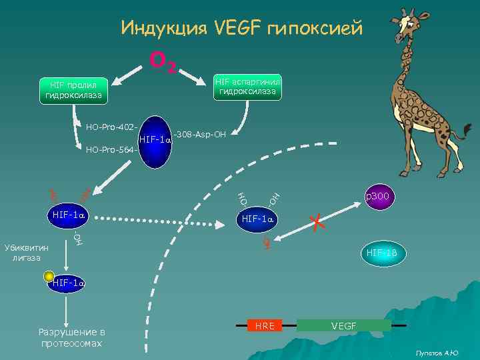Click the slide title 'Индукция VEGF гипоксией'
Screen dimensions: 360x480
click(x=242, y=29)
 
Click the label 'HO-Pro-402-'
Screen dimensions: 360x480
click(x=112, y=127)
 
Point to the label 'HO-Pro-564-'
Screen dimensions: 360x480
click(x=112, y=149)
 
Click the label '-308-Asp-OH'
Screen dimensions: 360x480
click(x=200, y=135)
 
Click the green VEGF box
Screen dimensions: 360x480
click(x=344, y=325)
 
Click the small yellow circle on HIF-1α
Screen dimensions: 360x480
click(x=48, y=276)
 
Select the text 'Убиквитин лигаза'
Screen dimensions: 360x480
click(x=26, y=252)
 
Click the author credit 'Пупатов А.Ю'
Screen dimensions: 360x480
click(x=437, y=352)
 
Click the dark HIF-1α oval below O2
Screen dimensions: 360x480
click(x=155, y=140)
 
